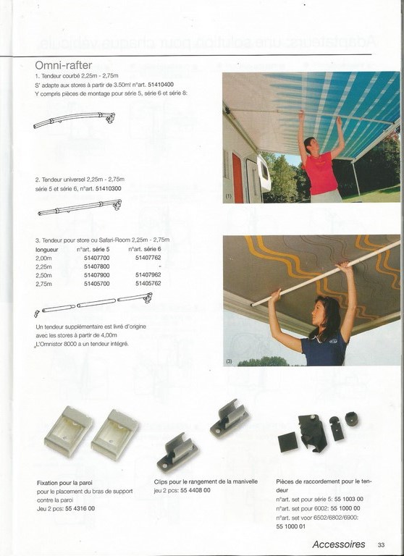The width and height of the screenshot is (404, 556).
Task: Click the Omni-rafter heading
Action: pyautogui.click(x=63, y=66)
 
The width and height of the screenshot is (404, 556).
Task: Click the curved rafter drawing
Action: pyautogui.click(x=75, y=119)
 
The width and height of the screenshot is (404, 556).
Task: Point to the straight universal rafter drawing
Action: pyautogui.click(x=80, y=208)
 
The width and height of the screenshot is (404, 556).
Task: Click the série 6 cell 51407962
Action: pyautogui.click(x=148, y=275)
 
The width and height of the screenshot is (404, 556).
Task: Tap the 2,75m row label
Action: pyautogui.click(x=43, y=284)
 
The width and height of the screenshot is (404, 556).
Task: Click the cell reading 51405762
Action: pyautogui.click(x=148, y=284)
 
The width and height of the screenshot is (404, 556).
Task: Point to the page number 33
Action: pyautogui.click(x=381, y=544)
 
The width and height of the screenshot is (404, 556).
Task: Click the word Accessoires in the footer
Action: pyautogui.click(x=338, y=544)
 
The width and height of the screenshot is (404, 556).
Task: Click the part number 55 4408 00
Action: pyautogui.click(x=192, y=490)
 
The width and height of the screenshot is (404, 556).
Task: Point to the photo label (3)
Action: pyautogui.click(x=229, y=360)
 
